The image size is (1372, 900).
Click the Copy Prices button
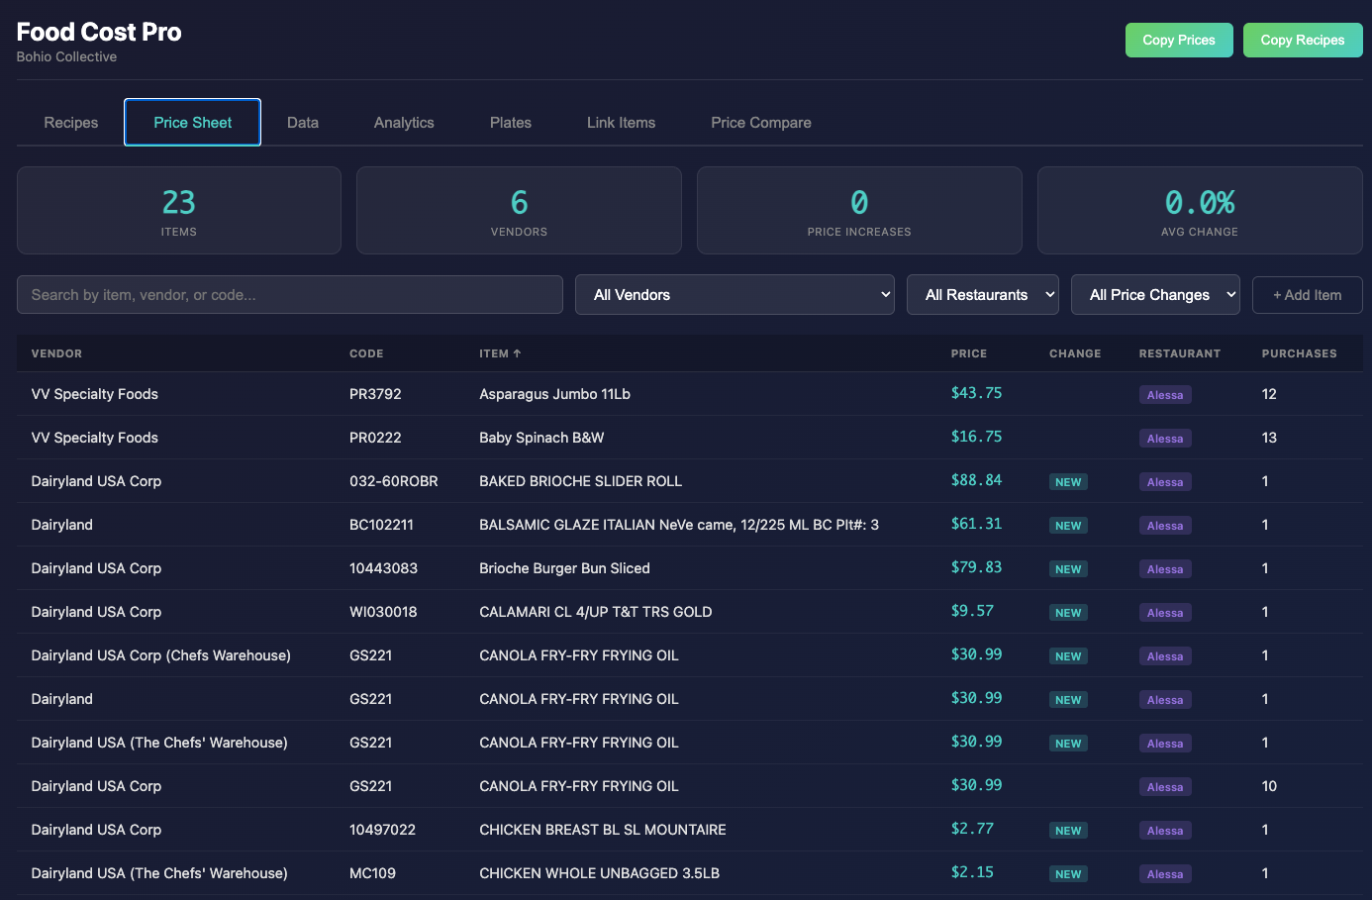coord(1178,40)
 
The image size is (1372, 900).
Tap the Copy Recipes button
coord(1302,40)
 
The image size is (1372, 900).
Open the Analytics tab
coord(404,123)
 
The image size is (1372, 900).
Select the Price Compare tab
coord(760,123)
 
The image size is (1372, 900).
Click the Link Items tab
coord(621,123)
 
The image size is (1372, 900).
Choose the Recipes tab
coord(71,123)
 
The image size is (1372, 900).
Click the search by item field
coord(290,295)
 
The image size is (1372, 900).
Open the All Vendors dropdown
coord(735,295)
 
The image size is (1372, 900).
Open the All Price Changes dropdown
coord(1155,295)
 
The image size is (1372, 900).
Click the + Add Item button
coord(1307,295)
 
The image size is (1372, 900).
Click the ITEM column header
coord(500,353)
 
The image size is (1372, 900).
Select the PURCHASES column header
coord(1299,353)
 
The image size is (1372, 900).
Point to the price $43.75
coord(976,393)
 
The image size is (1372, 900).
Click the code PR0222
coord(375,438)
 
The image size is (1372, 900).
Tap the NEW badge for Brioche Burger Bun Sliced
coord(1068,569)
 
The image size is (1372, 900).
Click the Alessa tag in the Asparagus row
coord(1165,394)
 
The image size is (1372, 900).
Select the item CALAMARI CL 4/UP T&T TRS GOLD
coord(595,612)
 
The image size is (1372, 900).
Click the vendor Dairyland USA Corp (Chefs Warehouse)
coord(161,654)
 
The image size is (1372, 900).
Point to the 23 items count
coord(179,202)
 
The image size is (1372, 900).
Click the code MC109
coord(372,873)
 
